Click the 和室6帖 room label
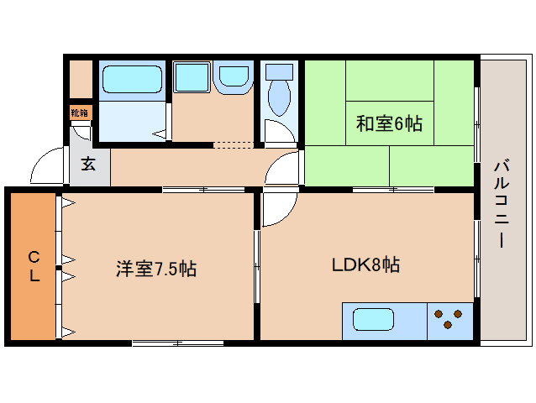(389, 124)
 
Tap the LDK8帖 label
(364, 265)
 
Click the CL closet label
(34, 266)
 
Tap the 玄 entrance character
(88, 165)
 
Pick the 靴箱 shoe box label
(79, 112)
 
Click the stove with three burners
(449, 320)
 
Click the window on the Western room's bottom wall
(177, 342)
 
